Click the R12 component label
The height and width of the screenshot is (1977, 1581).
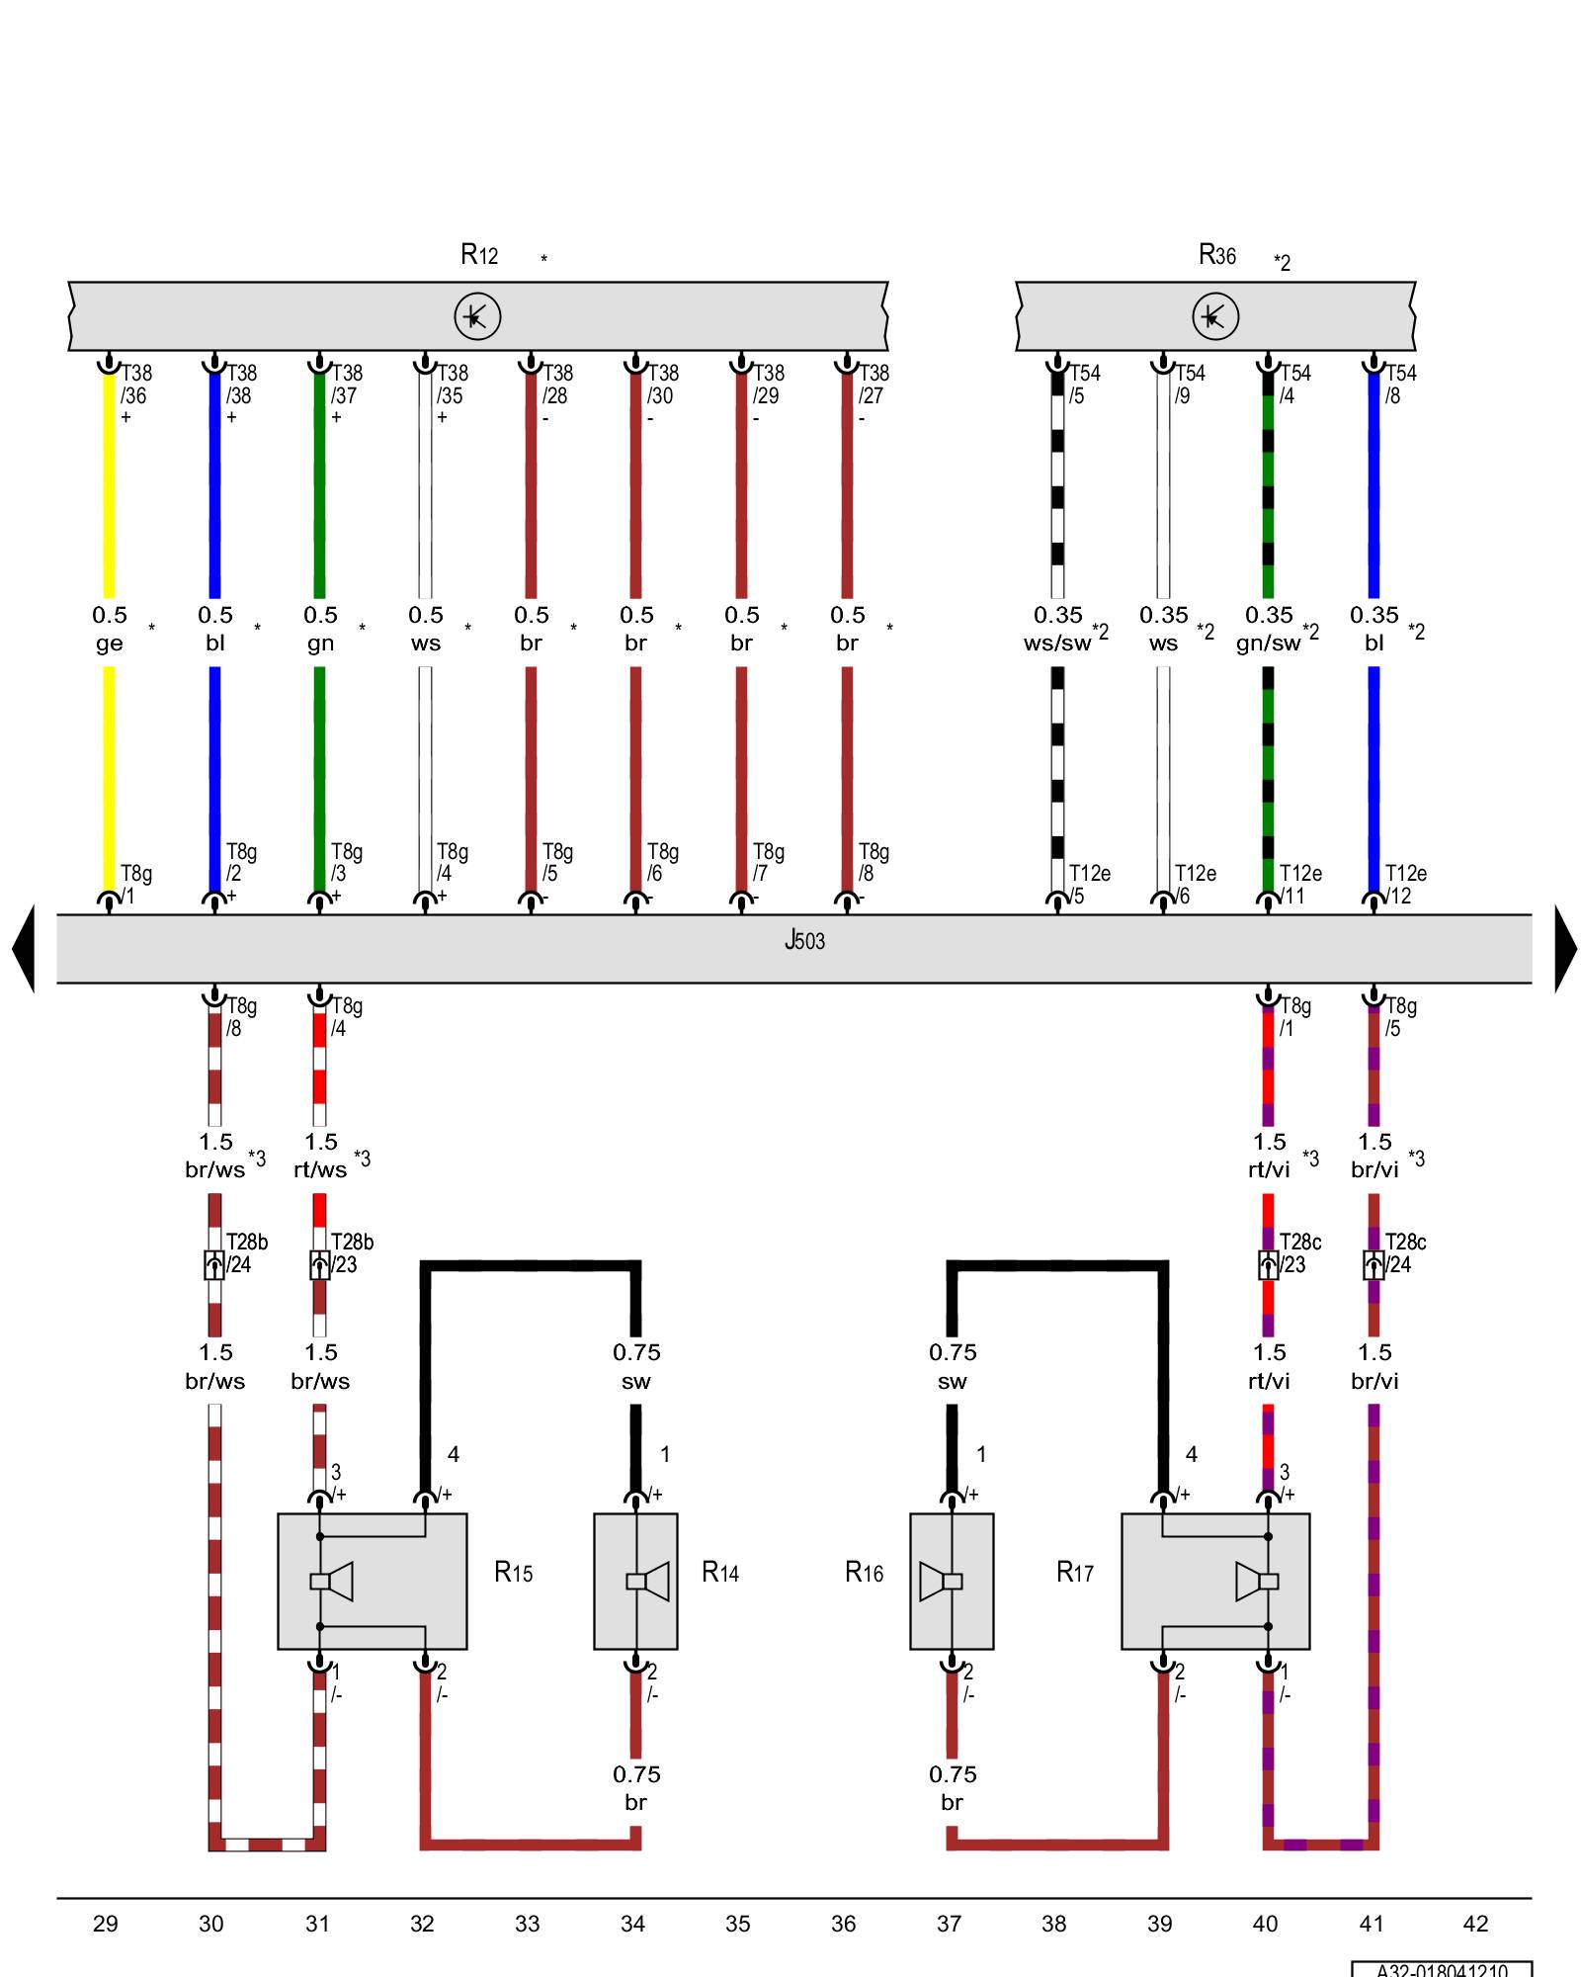point(479,255)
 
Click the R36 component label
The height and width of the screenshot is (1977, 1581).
point(1216,256)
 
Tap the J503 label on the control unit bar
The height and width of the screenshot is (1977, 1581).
point(804,940)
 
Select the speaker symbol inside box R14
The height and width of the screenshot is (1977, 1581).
point(647,1581)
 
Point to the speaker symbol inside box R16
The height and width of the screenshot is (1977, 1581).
point(941,1581)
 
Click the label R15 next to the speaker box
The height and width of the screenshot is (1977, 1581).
point(513,1572)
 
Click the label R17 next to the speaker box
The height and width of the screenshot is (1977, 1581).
point(1074,1572)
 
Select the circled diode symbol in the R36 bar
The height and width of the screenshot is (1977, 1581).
point(1214,316)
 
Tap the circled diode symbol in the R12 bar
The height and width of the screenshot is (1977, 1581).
point(477,316)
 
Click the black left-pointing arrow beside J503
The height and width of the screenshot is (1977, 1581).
point(25,948)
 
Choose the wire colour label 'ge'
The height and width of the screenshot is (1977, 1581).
point(109,644)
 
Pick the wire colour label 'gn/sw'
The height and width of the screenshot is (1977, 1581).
point(1268,644)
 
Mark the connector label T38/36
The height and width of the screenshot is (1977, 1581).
point(135,385)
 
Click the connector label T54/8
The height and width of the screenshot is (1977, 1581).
point(1400,385)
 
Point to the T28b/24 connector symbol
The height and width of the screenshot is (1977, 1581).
point(214,1264)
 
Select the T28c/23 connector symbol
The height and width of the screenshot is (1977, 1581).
point(1268,1264)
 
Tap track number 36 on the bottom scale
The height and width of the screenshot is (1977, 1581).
point(843,1924)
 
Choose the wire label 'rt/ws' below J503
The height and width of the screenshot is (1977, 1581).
point(320,1170)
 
